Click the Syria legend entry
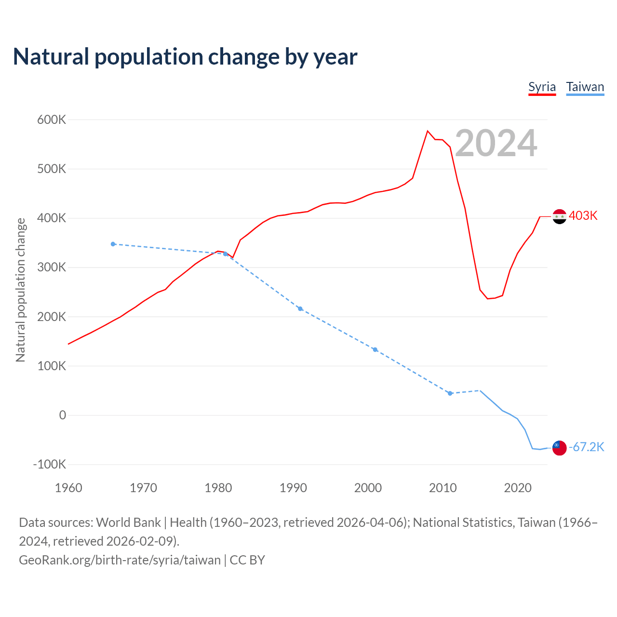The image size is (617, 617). [542, 87]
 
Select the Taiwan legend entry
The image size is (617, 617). [585, 87]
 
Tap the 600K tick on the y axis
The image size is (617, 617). [52, 120]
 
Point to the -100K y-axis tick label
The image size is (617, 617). [50, 464]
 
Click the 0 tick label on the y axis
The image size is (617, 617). [62, 415]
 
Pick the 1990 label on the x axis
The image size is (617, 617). [293, 488]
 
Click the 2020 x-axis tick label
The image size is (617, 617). [518, 488]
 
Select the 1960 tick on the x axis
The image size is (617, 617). [68, 488]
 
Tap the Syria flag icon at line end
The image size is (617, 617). [559, 216]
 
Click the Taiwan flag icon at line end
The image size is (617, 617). [559, 448]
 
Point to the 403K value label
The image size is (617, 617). [583, 215]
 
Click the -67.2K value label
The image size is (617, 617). [587, 447]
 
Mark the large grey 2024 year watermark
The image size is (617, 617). [496, 143]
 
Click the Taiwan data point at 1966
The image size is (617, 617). [113, 244]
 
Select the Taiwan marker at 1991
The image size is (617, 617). [300, 308]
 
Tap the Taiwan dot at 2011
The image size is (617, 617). [450, 393]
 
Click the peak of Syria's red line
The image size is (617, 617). [428, 131]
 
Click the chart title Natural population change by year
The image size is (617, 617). [185, 57]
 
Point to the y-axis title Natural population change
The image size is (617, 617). [20, 290]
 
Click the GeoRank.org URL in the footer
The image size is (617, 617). [120, 560]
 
